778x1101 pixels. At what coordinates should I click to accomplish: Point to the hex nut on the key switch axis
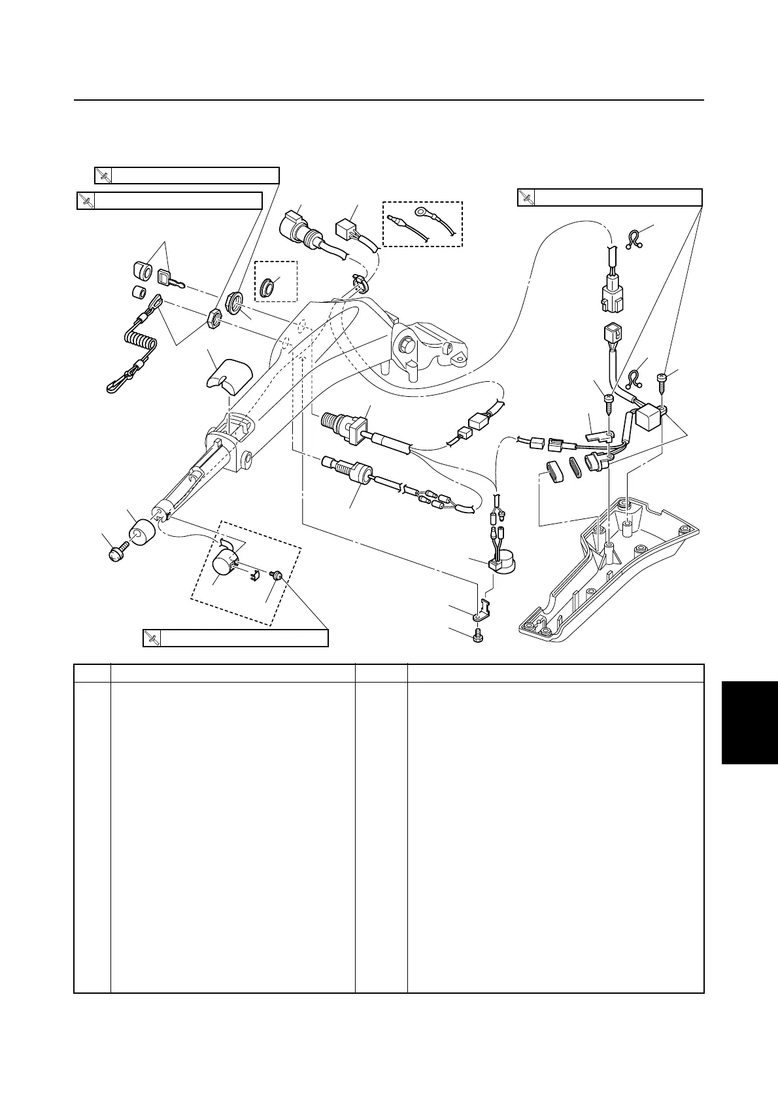(212, 318)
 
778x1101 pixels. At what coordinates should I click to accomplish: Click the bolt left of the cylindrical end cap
(118, 552)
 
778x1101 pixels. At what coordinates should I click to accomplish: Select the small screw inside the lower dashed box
(277, 575)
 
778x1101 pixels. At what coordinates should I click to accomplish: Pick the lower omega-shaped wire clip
(634, 377)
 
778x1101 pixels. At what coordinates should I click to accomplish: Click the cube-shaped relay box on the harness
(649, 416)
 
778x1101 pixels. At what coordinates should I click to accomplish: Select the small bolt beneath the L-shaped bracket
(477, 634)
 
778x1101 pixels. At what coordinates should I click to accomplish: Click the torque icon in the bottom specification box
(152, 638)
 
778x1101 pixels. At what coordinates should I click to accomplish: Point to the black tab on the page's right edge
(750, 722)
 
